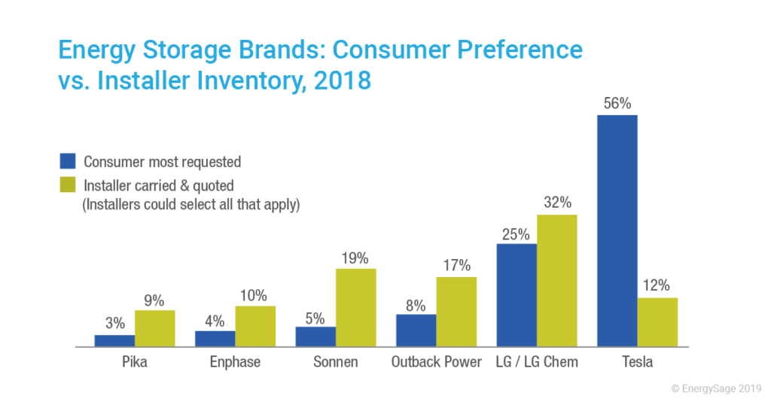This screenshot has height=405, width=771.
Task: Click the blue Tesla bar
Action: pos(617,230)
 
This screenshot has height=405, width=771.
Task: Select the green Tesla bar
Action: pos(657,322)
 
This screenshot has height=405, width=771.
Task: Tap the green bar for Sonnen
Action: pos(355,308)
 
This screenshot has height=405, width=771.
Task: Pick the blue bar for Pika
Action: pos(114,341)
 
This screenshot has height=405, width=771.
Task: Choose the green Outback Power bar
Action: pos(456,312)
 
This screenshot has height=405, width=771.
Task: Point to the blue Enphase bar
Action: pos(215,339)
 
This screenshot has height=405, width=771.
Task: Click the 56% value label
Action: pos(617,105)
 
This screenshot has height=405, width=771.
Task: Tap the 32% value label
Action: pos(556,203)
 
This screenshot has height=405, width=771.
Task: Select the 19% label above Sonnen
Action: pos(355,258)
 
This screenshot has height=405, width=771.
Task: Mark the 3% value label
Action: pos(114,324)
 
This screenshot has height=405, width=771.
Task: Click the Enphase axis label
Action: pos(235,362)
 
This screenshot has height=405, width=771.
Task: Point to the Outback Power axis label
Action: pos(436,362)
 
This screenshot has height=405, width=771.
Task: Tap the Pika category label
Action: pos(135,362)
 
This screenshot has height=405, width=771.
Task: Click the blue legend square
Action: pos(68,162)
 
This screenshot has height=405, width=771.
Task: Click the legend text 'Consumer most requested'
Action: pos(162,162)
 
